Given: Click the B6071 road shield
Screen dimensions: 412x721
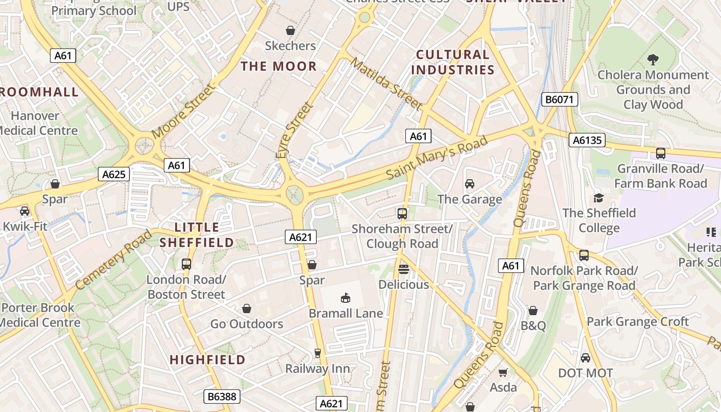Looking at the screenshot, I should pos(560,99).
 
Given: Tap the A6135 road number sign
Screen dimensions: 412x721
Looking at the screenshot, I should pos(587,140).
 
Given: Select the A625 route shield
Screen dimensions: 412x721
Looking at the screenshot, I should pos(113,174).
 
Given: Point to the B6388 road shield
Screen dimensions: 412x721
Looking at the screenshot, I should pos(221,397).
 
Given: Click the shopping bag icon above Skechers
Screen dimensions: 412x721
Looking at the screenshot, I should pos(290,30).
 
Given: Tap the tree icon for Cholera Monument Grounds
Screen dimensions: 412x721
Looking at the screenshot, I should pos(653,59).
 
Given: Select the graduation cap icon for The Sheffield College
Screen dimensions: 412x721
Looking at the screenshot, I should pos(598,198).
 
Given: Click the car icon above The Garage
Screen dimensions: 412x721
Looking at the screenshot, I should pos(470,184).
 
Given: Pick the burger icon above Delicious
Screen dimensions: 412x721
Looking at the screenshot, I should pos(404,269).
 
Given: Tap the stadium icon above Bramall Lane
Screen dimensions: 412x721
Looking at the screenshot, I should pos(346,298).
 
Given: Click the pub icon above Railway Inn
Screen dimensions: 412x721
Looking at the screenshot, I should pos(318,353).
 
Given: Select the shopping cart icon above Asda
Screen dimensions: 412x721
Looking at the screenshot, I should pos(503,372).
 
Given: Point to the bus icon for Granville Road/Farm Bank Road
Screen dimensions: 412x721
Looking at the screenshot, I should pos(660,153).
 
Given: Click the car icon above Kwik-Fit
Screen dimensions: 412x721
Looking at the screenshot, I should pos(24,211).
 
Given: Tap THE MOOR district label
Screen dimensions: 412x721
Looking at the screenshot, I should pos(279,66).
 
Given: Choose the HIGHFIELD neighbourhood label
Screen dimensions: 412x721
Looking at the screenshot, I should pos(208,359).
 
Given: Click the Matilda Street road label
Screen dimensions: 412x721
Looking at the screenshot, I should pos(386,83).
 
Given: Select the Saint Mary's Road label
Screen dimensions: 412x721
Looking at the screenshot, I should pos(437,157).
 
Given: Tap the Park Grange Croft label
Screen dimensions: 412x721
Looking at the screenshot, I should pos(638,322).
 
